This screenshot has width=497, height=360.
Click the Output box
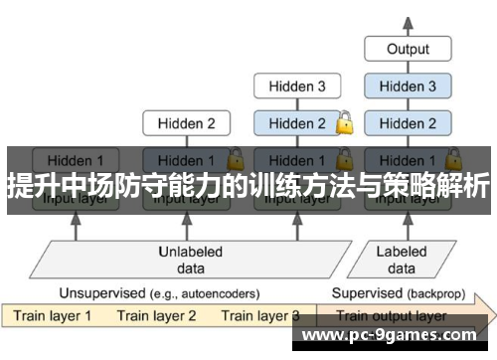pos(408,48)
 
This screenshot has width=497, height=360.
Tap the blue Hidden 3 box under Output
pos(408,87)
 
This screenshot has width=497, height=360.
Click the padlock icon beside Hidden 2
pos(345,123)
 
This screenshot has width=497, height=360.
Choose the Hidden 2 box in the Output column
pos(408,124)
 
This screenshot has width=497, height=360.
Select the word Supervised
pos(365,293)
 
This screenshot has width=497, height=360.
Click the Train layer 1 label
pos(52,316)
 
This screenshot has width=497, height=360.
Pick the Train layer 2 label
pos(157,316)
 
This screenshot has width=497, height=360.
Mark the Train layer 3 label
pos(260,316)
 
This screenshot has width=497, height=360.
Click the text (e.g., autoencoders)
pos(203,293)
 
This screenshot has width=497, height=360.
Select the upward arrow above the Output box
pos(408,20)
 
